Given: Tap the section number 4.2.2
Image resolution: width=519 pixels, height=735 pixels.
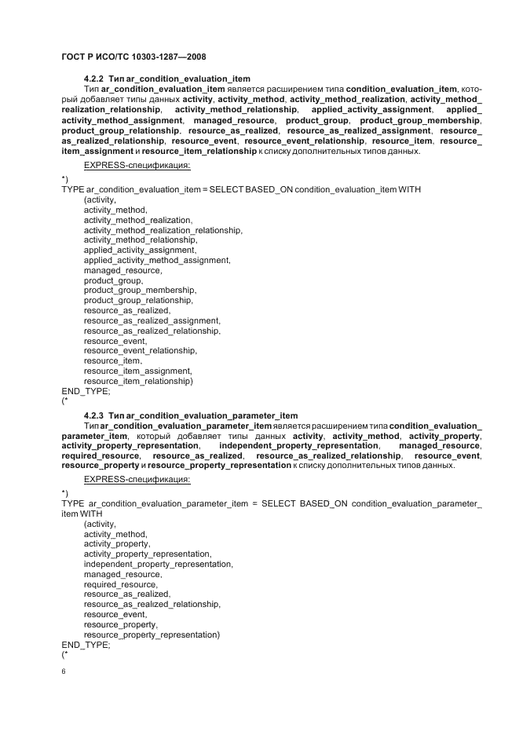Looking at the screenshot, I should click(94, 79).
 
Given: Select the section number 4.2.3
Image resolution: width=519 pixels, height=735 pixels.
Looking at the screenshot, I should click(94, 415).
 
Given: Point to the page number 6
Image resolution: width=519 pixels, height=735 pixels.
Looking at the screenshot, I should click(64, 671).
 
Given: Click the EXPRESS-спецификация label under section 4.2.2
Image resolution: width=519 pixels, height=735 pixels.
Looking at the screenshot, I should click(137, 166).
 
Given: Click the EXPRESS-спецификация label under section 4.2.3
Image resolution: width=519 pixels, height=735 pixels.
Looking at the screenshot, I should click(137, 480).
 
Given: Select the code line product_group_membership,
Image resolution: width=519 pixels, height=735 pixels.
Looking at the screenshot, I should click(140, 291).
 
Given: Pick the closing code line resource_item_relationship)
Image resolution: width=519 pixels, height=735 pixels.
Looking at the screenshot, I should click(138, 381).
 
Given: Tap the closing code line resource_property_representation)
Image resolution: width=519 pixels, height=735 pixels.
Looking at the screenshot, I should click(152, 634).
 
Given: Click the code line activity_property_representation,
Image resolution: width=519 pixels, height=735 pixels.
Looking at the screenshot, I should click(148, 554).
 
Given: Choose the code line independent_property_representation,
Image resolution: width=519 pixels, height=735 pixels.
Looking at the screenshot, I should click(159, 564).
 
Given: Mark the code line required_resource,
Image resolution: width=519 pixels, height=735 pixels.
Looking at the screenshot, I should click(121, 584).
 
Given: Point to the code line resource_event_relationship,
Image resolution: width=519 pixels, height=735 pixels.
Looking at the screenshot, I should click(140, 351).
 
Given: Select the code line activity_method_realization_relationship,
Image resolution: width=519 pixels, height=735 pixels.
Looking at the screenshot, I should click(163, 230).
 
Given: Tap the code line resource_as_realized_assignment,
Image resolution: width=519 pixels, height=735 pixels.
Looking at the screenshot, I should click(152, 320).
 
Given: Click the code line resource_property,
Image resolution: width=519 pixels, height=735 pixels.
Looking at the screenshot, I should click(121, 624).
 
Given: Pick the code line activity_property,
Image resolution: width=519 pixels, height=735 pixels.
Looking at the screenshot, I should click(117, 543).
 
